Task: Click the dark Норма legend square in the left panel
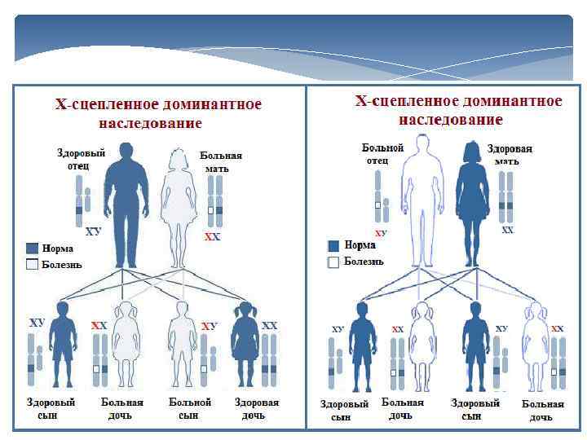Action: (x=33, y=249)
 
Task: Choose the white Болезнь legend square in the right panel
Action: (x=333, y=262)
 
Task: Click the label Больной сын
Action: (x=190, y=409)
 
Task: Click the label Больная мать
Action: (x=221, y=161)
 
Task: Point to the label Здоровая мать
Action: (x=510, y=155)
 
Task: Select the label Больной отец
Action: (x=383, y=154)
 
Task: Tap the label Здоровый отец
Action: (x=81, y=159)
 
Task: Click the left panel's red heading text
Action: (x=157, y=113)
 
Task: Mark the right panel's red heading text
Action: (x=458, y=110)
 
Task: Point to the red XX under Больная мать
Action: (x=213, y=237)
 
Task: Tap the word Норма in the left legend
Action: (x=58, y=249)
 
